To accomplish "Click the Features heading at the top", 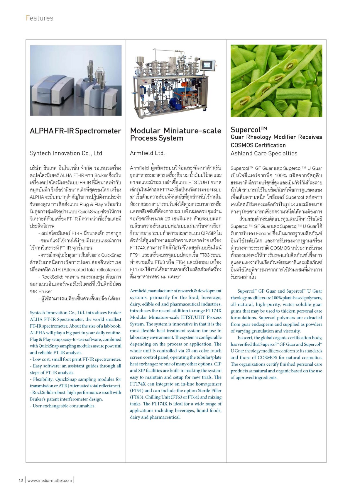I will click(x=40, y=18).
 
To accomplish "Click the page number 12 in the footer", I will click(x=21, y=480).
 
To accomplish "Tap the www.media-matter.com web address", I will click(x=49, y=480).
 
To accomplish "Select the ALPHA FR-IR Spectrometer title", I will click(x=75, y=131).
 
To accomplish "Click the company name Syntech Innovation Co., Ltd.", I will click(x=67, y=153).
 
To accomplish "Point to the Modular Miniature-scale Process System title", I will click(x=175, y=134).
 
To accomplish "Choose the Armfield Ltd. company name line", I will click(x=147, y=153).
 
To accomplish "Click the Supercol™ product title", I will click(x=249, y=130).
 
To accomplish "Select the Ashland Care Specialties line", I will click(x=264, y=153).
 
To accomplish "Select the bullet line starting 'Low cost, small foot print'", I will click(x=75, y=359).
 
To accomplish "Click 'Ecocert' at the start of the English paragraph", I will click(x=245, y=338).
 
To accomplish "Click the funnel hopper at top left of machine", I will click(x=139, y=61).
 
